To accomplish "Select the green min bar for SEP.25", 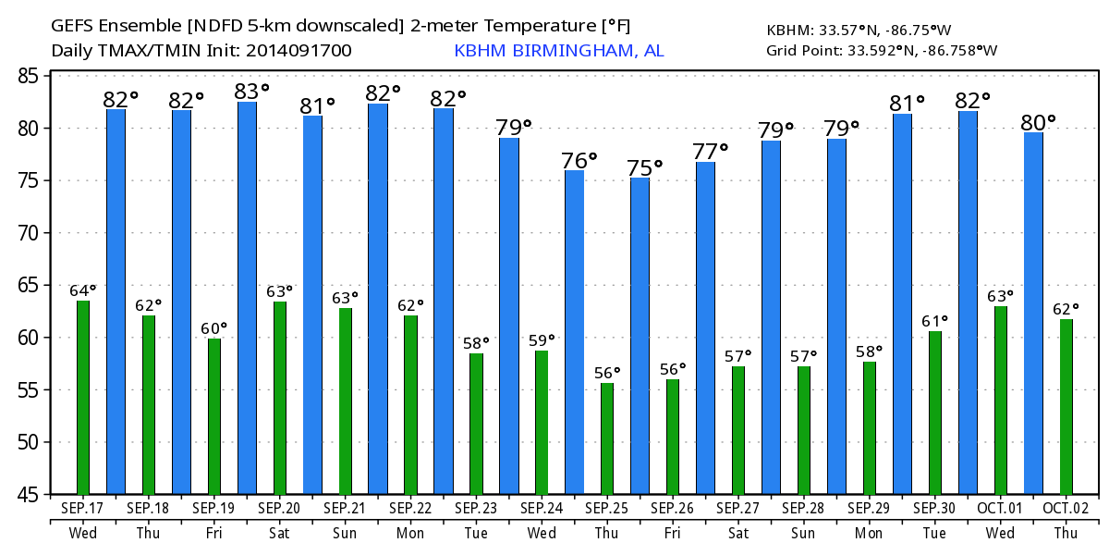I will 607,438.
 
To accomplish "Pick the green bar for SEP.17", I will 83,398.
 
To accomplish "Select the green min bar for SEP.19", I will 214,416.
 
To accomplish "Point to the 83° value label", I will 251,91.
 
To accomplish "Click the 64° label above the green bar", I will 83,290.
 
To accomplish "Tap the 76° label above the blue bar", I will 579,160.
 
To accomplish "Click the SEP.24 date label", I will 542,508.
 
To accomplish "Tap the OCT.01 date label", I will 1000,508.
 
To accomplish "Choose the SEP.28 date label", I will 804,508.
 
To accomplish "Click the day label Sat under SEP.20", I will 279,534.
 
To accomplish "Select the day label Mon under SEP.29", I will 869,534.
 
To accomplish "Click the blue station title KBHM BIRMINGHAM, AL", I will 558,50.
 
